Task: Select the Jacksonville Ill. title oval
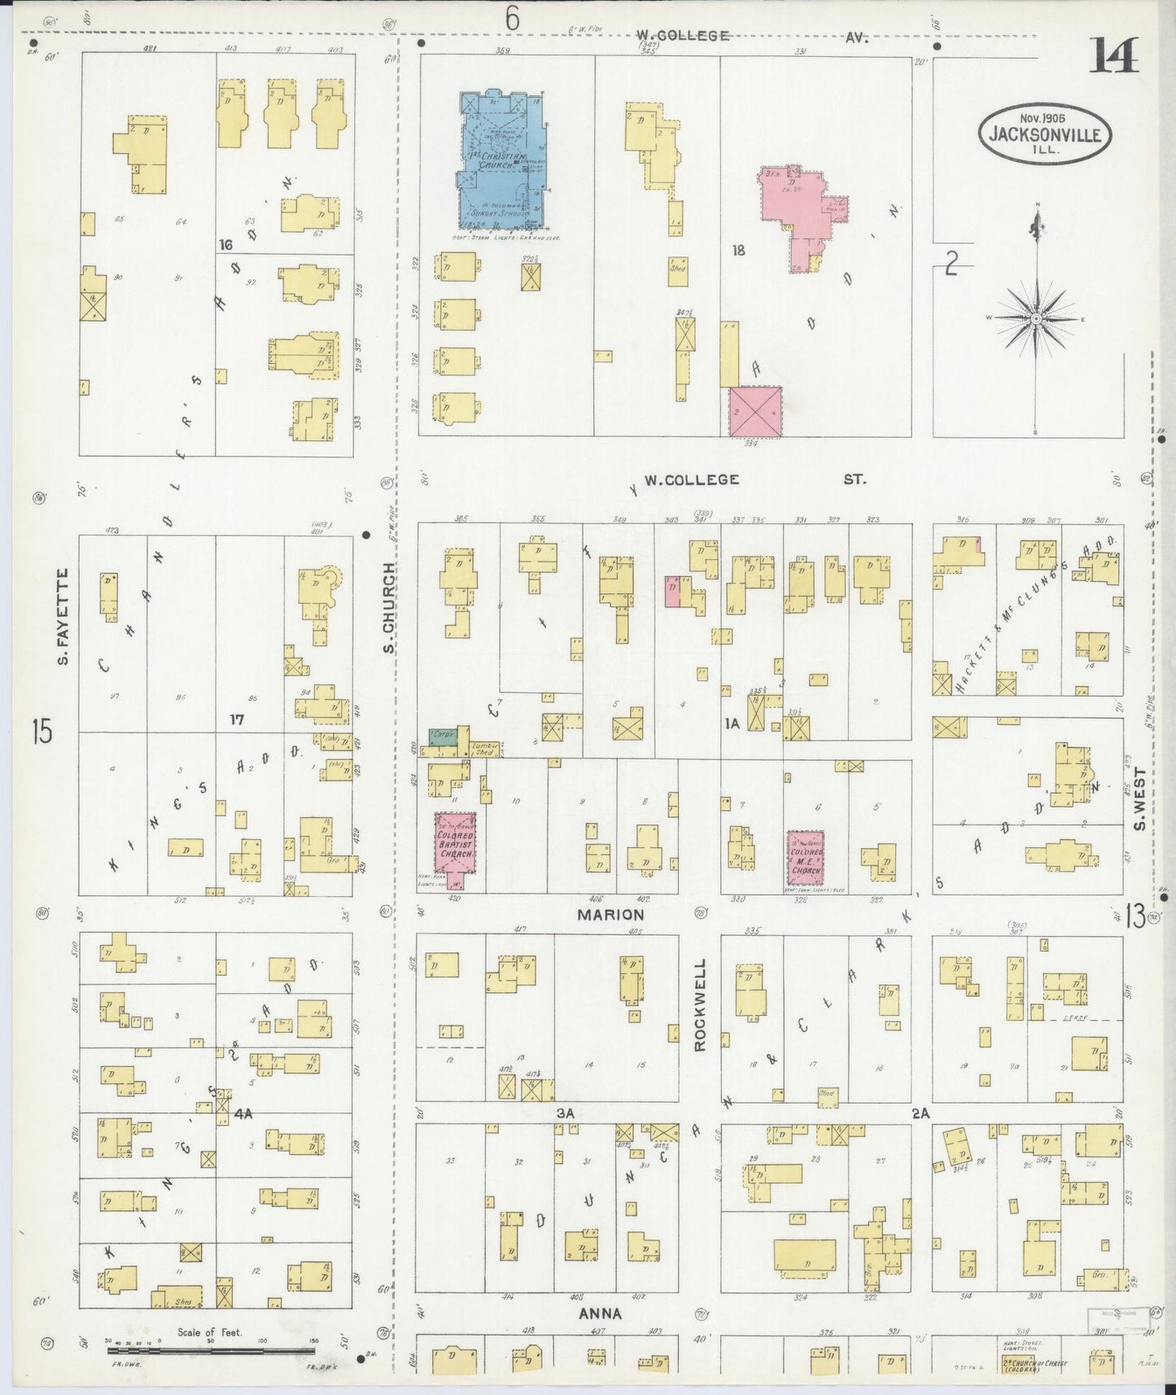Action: (1045, 131)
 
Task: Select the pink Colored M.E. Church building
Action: (806, 858)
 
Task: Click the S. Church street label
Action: (389, 606)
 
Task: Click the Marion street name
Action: (611, 914)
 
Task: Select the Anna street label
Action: (601, 1314)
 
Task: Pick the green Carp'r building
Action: (444, 733)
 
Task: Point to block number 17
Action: (237, 719)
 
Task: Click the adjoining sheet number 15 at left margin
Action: (42, 730)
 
